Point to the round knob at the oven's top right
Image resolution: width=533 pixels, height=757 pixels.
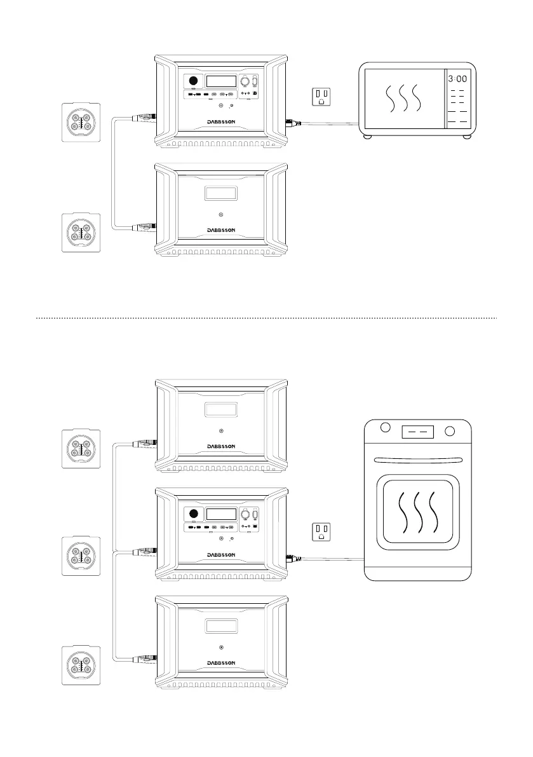(450, 432)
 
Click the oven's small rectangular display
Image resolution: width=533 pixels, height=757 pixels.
(417, 432)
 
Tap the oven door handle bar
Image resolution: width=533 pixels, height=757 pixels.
(417, 460)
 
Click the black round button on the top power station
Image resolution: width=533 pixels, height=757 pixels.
(191, 82)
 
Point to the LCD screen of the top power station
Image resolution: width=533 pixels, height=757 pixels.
(220, 81)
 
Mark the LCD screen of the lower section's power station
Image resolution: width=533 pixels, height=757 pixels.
(220, 516)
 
